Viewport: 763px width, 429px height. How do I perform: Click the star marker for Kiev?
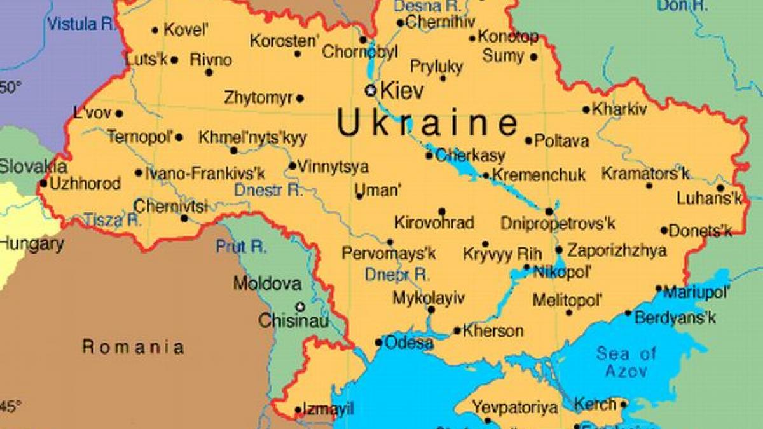[370, 90]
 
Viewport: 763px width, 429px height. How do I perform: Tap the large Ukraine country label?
[427, 123]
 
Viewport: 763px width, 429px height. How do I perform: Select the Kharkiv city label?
[619, 109]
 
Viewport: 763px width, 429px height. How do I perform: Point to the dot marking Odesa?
[379, 343]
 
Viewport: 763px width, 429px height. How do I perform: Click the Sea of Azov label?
[626, 362]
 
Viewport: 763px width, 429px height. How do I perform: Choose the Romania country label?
[134, 347]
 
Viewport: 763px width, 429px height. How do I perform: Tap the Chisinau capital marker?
[299, 306]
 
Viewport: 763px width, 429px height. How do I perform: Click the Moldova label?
[267, 283]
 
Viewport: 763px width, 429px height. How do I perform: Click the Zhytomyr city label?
[258, 98]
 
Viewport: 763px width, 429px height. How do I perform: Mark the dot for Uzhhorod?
[43, 184]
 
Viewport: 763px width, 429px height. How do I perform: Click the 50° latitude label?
[10, 87]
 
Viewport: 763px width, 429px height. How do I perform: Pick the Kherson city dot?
[457, 330]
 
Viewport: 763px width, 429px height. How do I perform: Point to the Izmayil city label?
[328, 409]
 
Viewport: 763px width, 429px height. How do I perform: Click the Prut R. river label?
[241, 247]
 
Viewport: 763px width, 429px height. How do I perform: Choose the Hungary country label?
[31, 243]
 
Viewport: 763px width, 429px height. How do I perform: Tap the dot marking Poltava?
[528, 140]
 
